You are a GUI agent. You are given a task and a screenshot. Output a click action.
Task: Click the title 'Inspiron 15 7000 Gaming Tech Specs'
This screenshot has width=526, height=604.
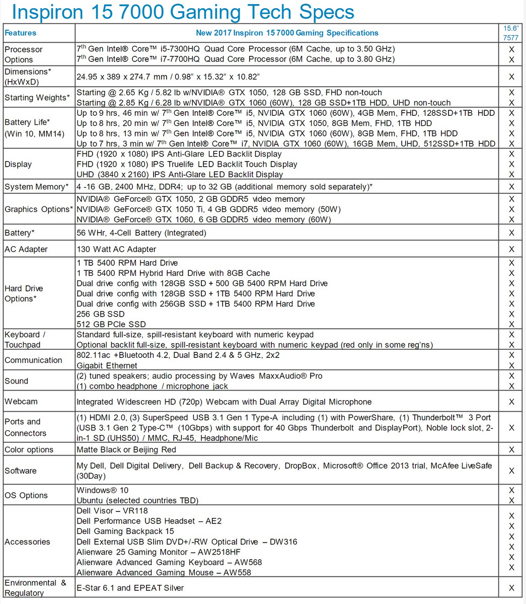(183, 12)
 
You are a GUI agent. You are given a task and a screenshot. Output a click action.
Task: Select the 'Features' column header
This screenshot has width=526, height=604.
(21, 33)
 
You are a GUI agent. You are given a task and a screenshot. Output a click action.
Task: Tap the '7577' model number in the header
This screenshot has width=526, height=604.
(511, 37)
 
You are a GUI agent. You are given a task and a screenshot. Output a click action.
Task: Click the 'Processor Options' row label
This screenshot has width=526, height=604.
(24, 54)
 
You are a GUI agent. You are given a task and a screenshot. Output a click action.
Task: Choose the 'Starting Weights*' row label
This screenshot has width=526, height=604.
(37, 98)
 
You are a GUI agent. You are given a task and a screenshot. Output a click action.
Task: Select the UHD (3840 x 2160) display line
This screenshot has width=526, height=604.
(180, 175)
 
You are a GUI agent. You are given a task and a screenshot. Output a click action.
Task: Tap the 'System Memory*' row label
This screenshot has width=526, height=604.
(37, 187)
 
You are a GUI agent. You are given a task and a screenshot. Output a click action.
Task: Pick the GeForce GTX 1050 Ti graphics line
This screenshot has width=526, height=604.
(208, 209)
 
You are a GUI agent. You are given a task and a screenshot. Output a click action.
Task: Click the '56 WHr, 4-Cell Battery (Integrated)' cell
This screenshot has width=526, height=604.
(141, 233)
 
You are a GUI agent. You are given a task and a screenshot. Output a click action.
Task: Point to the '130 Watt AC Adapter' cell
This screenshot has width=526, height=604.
(116, 249)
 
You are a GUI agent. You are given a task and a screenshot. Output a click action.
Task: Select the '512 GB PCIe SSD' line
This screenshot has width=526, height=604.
(111, 324)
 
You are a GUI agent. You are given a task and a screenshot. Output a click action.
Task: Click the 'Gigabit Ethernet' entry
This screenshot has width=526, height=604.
(107, 365)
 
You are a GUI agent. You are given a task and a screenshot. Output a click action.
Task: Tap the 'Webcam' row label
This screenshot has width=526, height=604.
(19, 402)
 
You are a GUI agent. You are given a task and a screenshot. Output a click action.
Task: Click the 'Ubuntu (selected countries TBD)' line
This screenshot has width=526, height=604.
(137, 500)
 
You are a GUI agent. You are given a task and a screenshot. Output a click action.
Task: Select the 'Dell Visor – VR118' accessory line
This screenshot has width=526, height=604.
(112, 511)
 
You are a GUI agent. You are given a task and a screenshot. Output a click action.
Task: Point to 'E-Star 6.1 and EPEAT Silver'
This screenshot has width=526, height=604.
(130, 588)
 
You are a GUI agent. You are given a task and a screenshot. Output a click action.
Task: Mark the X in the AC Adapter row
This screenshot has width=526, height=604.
(511, 249)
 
